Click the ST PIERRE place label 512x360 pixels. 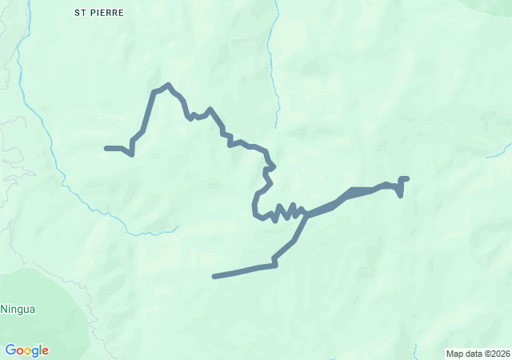(98, 13)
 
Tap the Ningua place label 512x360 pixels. (18, 309)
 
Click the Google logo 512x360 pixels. (26, 350)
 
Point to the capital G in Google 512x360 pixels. (10, 350)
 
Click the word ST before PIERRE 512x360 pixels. (79, 13)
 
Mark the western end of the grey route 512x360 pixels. (106, 148)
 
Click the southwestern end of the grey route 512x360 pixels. (214, 277)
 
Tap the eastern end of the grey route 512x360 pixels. (406, 178)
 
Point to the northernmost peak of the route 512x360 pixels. (167, 85)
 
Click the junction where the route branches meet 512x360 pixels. (306, 214)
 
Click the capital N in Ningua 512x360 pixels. (4, 309)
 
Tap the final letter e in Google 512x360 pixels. (45, 350)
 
